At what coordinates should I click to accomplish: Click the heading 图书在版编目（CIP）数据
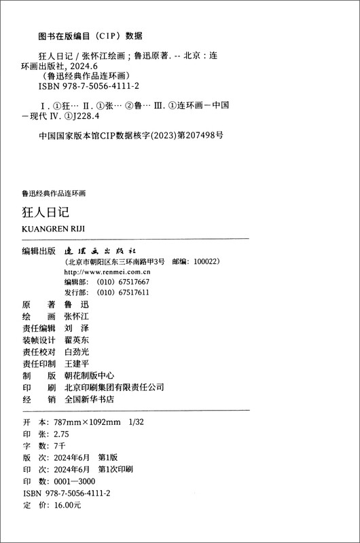90,36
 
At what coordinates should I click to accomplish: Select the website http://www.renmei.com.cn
109,271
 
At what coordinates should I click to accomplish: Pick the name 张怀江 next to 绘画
76,316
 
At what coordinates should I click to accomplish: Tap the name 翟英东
76,340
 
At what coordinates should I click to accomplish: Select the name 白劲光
76,352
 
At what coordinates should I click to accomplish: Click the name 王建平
76,363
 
